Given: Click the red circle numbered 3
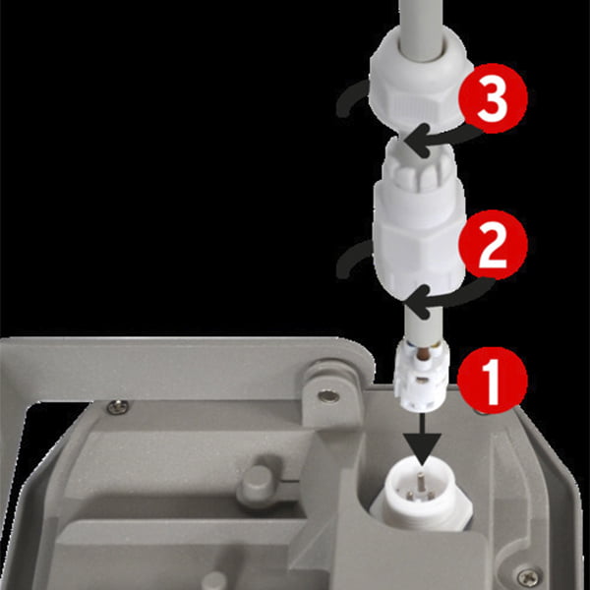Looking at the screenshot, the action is (493, 98).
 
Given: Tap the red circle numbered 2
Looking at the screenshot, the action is (493, 245).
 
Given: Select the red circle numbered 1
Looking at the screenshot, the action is (493, 380).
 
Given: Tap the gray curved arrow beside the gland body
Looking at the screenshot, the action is (351, 261).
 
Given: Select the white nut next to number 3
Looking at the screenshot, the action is (420, 79).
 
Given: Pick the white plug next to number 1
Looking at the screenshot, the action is (422, 375).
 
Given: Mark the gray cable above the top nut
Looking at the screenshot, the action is (421, 27).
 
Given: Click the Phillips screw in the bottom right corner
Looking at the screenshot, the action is (530, 576).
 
